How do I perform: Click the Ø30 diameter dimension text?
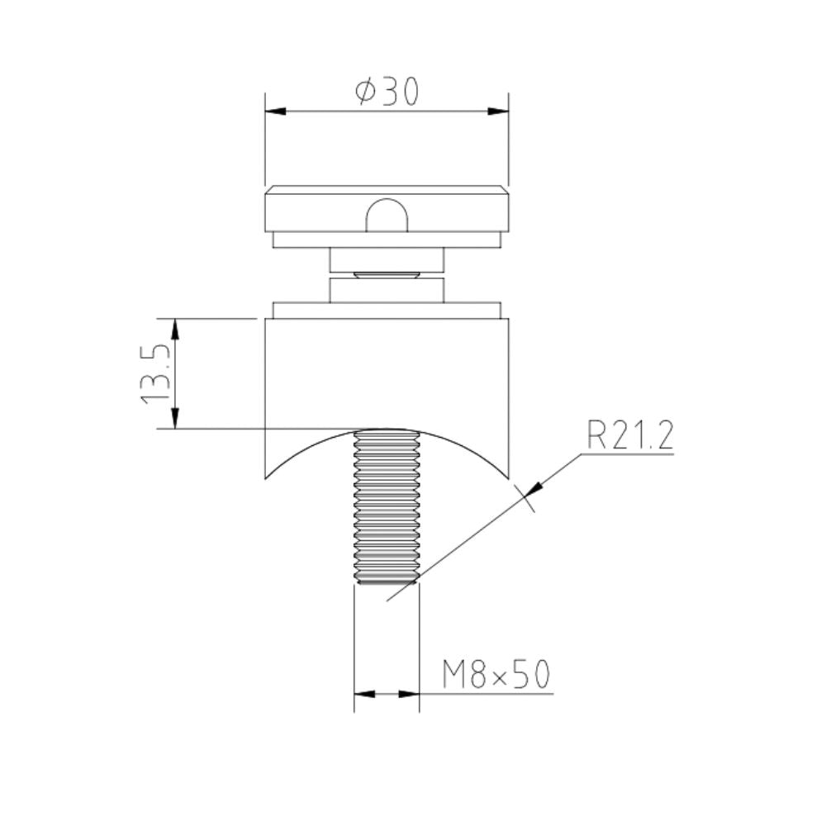(x=387, y=91)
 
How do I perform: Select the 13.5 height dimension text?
(x=155, y=373)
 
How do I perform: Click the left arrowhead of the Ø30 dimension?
(x=274, y=111)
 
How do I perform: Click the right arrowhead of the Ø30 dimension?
(x=498, y=111)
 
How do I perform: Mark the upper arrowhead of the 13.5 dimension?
(x=175, y=328)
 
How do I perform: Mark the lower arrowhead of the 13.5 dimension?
(x=175, y=419)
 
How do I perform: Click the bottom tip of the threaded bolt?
(x=387, y=582)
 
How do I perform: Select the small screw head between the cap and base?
(x=387, y=275)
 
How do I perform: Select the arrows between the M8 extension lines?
(x=387, y=694)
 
